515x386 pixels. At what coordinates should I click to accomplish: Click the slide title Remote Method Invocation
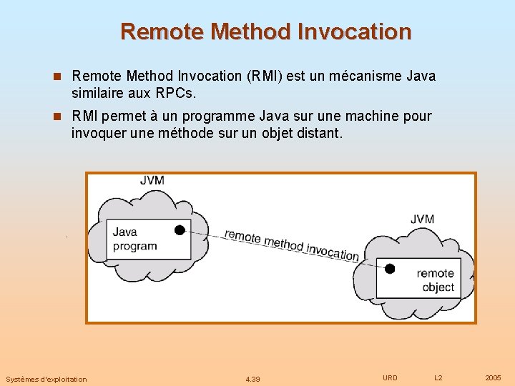click(x=266, y=32)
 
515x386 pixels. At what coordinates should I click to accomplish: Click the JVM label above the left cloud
click(x=152, y=180)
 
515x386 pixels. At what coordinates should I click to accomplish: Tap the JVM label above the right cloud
click(x=422, y=219)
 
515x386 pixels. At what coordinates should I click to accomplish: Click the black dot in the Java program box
click(x=180, y=229)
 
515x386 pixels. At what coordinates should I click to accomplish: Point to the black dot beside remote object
click(x=390, y=269)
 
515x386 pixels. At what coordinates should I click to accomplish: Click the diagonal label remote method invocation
click(x=291, y=244)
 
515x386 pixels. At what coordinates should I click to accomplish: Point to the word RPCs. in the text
click(x=175, y=94)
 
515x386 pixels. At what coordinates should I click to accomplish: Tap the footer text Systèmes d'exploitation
click(x=46, y=379)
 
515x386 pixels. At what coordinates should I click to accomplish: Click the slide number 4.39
click(x=252, y=379)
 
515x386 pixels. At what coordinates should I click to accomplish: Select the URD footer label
click(x=390, y=377)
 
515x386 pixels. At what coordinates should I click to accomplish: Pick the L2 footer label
click(x=438, y=377)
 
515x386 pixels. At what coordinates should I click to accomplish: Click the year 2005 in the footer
click(x=493, y=377)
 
